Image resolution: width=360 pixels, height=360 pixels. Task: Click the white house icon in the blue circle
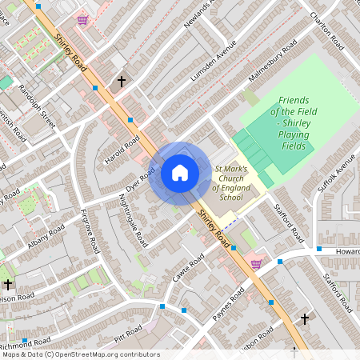click(180, 173)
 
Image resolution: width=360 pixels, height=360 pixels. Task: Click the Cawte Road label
click(189, 268)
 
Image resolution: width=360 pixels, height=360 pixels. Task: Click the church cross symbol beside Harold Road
click(122, 82)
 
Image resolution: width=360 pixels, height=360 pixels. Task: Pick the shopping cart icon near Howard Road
click(256, 263)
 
